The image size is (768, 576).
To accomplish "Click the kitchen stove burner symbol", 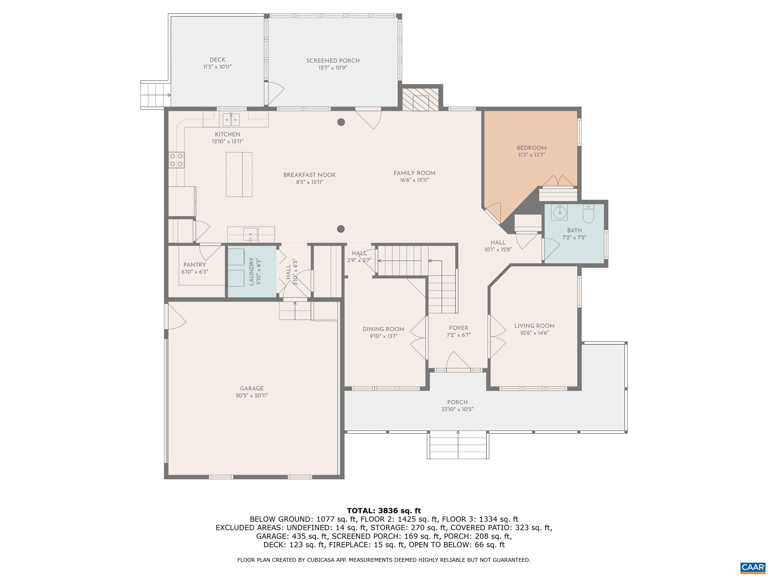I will pyautogui.click(x=176, y=160).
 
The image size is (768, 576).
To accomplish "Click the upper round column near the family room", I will pyautogui.click(x=341, y=122).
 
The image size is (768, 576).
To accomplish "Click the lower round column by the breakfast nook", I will pyautogui.click(x=341, y=229).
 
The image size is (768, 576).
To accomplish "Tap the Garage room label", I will pyautogui.click(x=252, y=388).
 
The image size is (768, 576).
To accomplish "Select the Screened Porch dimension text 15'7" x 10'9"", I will pyautogui.click(x=332, y=68).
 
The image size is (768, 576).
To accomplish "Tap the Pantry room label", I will pyautogui.click(x=194, y=264).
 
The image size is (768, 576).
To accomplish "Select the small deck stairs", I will pyautogui.click(x=155, y=95).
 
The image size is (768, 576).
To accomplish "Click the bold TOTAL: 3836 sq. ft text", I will pyautogui.click(x=384, y=511).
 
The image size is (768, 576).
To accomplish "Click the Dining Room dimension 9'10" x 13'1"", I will pyautogui.click(x=383, y=336).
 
